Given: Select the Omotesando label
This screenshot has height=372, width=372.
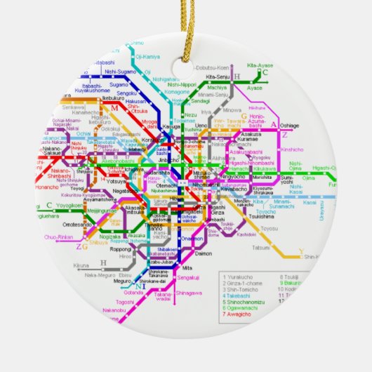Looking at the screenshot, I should tap(77, 224).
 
